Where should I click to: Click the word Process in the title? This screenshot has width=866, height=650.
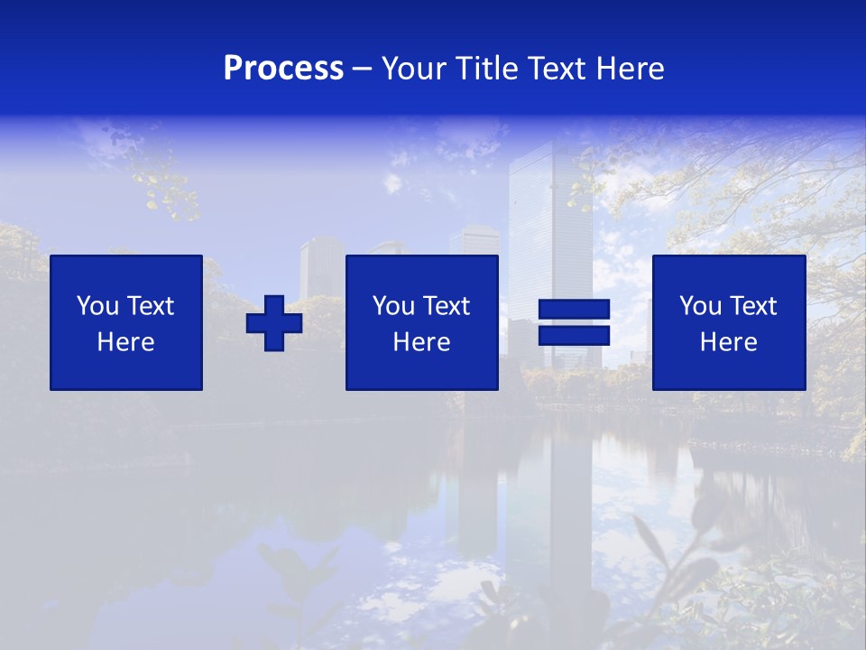point(283,69)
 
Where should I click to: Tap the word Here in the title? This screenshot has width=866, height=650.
point(630,69)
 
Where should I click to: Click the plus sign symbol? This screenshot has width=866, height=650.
point(274,323)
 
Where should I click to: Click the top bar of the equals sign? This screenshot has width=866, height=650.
point(574,311)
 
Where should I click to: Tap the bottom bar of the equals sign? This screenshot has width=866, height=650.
point(574,336)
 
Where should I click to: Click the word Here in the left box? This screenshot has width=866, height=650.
point(126,342)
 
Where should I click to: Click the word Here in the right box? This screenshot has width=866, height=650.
point(729,342)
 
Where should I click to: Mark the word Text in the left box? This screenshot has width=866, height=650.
point(152,306)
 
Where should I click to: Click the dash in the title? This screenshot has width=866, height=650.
point(363,69)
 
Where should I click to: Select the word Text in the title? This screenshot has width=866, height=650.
point(555,69)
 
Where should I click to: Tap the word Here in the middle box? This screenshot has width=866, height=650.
point(422,342)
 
